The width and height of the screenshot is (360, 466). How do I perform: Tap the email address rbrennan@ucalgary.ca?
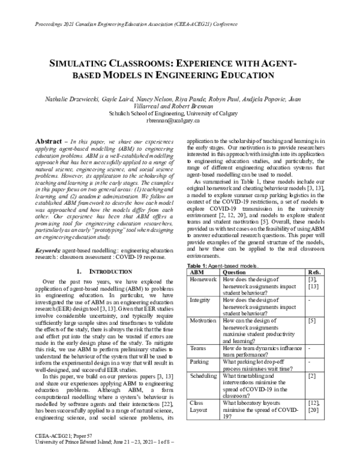click(x=179, y=120)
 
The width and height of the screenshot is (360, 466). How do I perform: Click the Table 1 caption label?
click(x=200, y=265)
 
